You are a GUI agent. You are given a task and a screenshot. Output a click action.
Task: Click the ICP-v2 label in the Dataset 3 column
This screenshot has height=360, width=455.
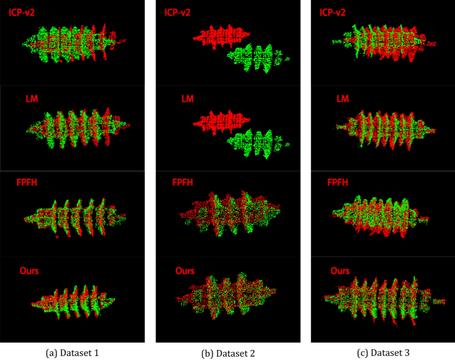click(x=336, y=12)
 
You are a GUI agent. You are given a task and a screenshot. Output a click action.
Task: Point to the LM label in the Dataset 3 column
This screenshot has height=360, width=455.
click(x=343, y=99)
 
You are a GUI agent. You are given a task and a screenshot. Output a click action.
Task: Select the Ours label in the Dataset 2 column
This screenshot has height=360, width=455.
click(x=185, y=271)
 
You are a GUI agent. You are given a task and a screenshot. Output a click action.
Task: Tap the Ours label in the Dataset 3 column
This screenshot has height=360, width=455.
click(x=340, y=271)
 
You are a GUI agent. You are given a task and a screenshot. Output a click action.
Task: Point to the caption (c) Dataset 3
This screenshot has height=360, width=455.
click(x=383, y=352)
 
